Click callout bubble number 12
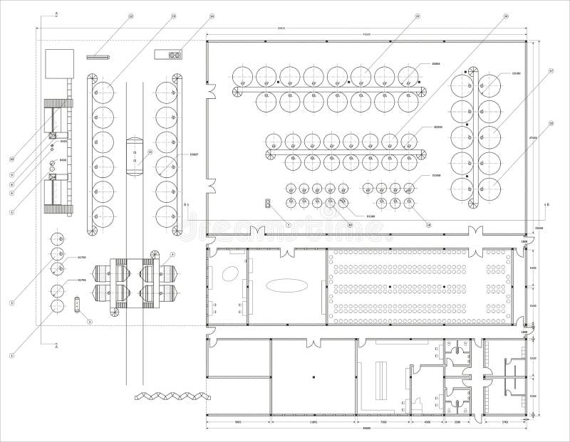click(130, 16)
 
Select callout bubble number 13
click(173, 16)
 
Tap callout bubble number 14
click(212, 16)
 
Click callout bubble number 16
click(505, 16)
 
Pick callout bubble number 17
click(551, 70)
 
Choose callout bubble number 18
click(551, 123)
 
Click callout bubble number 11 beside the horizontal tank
click(150, 152)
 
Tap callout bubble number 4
click(172, 254)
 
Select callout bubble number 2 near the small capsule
click(90, 322)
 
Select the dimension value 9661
click(239, 422)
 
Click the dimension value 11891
click(313, 422)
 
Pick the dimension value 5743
click(504, 422)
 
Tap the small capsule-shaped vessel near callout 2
click(76, 306)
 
